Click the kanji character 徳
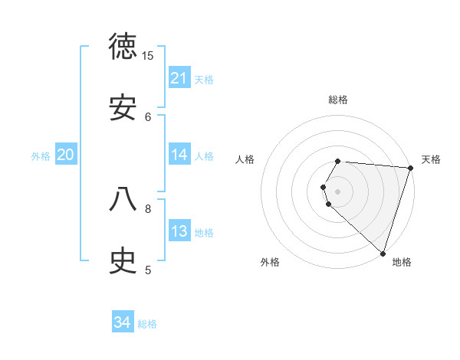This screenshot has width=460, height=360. [x=123, y=47]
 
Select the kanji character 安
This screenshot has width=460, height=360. [x=123, y=109]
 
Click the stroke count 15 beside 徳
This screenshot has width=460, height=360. [x=148, y=56]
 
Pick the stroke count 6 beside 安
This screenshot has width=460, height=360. [x=148, y=116]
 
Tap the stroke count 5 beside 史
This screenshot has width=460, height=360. [x=148, y=270]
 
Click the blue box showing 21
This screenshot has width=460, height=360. [x=179, y=78]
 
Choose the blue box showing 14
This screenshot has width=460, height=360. [x=179, y=155]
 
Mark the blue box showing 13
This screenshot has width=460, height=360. [x=179, y=231]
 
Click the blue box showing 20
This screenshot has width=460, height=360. [x=65, y=155]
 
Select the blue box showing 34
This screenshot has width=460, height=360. [x=123, y=323]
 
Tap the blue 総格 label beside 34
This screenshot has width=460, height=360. [x=147, y=324]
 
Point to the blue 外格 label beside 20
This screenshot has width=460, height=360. [x=41, y=155]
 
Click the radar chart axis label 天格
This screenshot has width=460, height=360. [x=431, y=159]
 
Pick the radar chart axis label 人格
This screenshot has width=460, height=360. [x=245, y=159]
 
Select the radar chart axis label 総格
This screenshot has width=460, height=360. [x=338, y=100]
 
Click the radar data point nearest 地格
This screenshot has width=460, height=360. [x=383, y=254]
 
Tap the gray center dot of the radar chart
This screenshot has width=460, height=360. [x=338, y=191]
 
